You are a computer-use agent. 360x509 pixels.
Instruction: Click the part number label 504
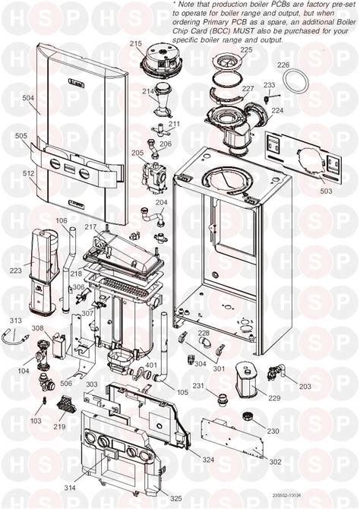point(28,99)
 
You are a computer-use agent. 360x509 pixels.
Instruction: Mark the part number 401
point(152,365)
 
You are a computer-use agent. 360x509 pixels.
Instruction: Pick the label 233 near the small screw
point(269,85)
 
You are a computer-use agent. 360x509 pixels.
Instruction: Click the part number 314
point(70,486)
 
